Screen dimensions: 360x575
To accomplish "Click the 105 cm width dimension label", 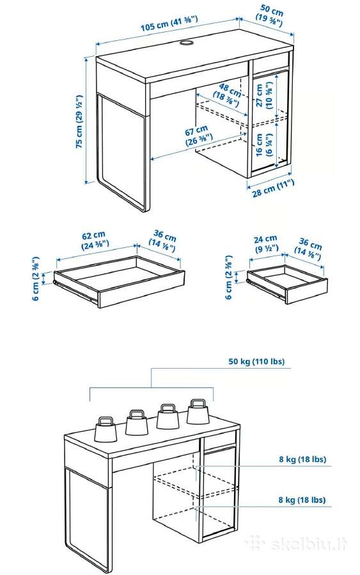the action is [169, 23].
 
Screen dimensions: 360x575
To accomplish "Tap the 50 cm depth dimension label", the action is [270, 16].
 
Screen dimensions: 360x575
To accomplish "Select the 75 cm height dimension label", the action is [79, 121].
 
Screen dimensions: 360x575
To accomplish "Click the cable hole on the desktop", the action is [187, 43].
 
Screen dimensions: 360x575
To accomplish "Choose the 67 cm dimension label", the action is [198, 135].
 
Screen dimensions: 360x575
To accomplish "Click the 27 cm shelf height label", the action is [264, 96].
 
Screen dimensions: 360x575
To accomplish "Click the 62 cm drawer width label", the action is [94, 239].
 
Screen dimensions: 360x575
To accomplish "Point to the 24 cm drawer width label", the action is [266, 245].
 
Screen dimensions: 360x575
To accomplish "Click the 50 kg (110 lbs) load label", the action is [256, 361].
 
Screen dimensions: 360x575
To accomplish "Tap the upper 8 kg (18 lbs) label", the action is [302, 459].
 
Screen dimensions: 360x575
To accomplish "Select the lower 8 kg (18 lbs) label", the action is [302, 500].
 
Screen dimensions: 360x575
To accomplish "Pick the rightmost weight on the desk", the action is [198, 411].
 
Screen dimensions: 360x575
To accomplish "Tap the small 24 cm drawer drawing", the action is [287, 284].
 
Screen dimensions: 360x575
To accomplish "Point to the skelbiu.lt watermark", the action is [297, 544].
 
